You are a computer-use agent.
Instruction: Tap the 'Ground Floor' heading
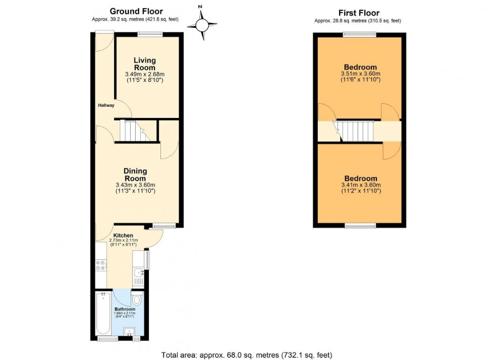[x=137, y=12]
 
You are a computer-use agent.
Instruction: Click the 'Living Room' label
[x=144, y=64]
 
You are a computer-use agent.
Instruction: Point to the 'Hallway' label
[x=106, y=105]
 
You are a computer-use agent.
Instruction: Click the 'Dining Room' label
[x=135, y=174]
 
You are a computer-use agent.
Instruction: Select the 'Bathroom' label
[x=124, y=309]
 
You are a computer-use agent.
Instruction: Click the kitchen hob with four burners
[x=100, y=265]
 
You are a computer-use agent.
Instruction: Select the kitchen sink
[x=138, y=276]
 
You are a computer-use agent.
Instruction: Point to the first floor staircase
[x=354, y=131]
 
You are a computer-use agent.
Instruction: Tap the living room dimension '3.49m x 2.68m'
[x=144, y=74]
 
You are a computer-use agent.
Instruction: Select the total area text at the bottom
[x=246, y=354]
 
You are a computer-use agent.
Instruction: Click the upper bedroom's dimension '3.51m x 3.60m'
[x=360, y=73]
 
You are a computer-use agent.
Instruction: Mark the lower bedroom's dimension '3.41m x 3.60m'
[x=360, y=185]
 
